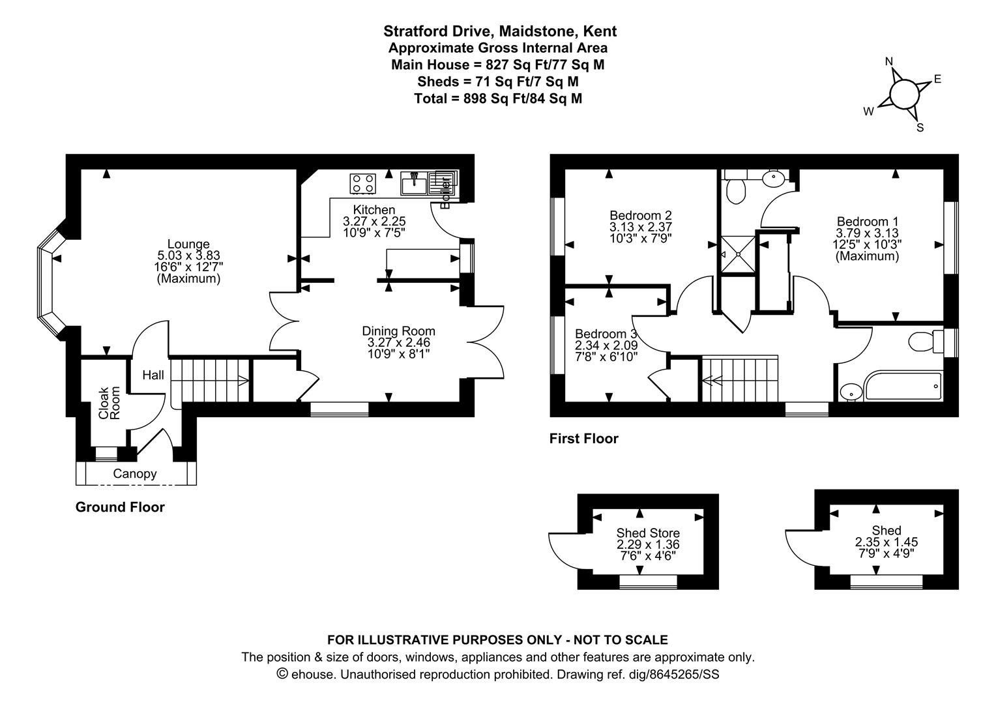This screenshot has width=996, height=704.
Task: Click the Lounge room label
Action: tap(188, 244)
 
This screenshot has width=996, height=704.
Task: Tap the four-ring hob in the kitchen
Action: tap(363, 184)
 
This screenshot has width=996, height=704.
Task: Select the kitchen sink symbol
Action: tap(415, 184)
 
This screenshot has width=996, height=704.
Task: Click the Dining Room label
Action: tap(398, 331)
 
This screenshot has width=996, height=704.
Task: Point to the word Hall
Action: tap(153, 375)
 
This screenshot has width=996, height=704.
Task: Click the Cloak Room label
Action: tap(110, 403)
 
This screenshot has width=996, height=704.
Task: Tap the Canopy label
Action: tap(135, 474)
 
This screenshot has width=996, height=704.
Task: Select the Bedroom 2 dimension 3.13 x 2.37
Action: tap(641, 227)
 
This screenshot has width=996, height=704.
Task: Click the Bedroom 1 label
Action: tap(868, 222)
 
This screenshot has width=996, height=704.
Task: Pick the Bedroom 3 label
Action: tap(606, 334)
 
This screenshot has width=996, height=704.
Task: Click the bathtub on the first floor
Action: tap(903, 385)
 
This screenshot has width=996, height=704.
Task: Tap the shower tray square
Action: tap(738, 254)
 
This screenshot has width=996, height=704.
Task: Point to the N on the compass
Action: tap(889, 61)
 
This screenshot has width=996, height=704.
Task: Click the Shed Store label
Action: tap(648, 533)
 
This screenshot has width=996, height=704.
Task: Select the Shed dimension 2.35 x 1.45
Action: tap(886, 542)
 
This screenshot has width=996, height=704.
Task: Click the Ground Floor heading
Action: tap(120, 507)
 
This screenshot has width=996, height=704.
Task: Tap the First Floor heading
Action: tap(584, 439)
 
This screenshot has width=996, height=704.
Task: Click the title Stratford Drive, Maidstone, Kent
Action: tap(500, 31)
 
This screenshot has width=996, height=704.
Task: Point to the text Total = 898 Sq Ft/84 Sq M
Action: tap(498, 98)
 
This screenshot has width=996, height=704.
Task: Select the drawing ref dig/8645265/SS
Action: tap(673, 675)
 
